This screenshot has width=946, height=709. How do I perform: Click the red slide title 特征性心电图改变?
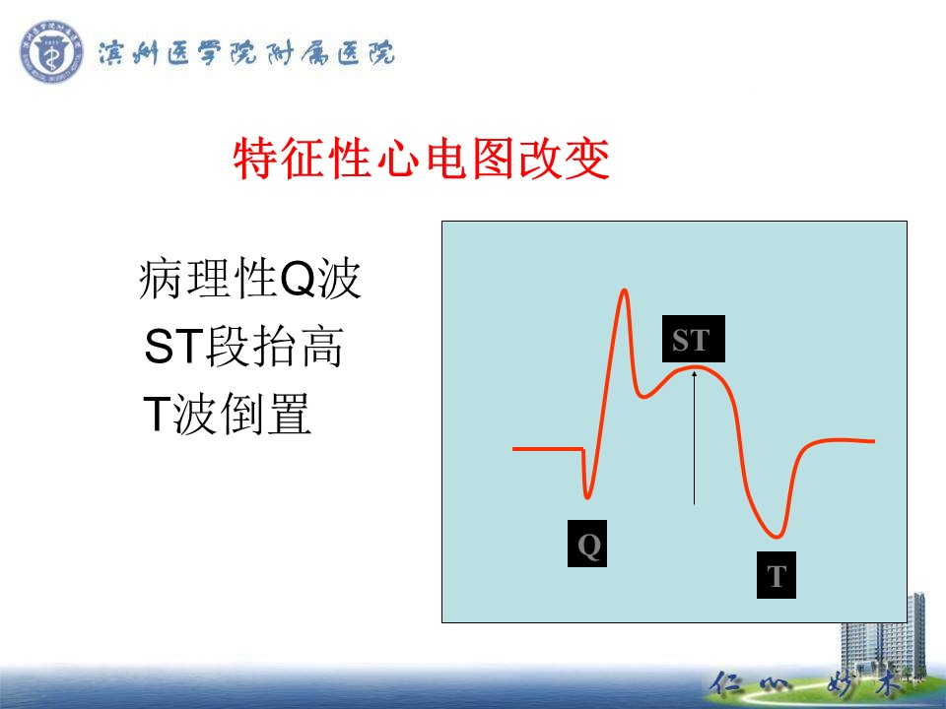click(421, 159)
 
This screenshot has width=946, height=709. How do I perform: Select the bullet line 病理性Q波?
click(249, 279)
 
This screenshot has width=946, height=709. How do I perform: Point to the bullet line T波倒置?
click(227, 414)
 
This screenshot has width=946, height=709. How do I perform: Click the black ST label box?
click(693, 339)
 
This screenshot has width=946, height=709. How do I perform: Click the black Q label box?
click(587, 544)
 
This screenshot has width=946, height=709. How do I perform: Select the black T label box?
click(776, 575)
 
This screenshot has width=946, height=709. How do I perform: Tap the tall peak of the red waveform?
click(625, 291)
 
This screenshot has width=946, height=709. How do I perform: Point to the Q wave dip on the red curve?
click(587, 497)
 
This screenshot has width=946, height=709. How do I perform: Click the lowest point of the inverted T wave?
click(777, 536)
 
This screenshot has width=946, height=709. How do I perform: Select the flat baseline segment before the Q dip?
click(548, 449)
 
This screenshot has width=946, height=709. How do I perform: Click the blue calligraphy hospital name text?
click(246, 53)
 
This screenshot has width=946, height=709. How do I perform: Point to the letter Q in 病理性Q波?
click(299, 279)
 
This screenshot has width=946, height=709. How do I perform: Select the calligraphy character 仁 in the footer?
click(727, 684)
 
